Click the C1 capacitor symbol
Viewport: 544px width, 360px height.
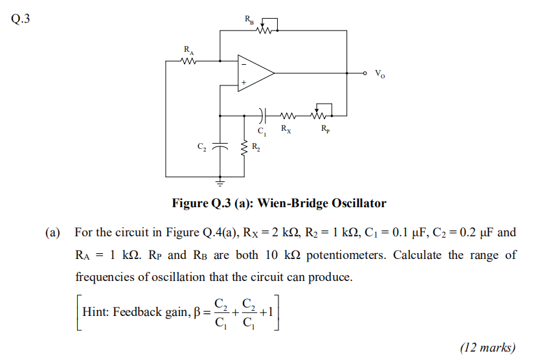(x=261, y=117)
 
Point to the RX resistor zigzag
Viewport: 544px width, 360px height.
(x=288, y=117)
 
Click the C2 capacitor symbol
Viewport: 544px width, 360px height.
(x=221, y=146)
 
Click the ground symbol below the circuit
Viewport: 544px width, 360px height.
(x=221, y=182)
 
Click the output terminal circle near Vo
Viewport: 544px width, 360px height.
(x=365, y=73)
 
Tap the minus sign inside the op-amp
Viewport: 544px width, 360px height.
(x=244, y=63)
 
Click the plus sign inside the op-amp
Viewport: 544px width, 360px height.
(x=244, y=83)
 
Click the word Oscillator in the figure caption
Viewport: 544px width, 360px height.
(x=359, y=203)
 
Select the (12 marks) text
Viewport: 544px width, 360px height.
(x=488, y=348)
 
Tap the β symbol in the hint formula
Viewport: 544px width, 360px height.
(x=198, y=312)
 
